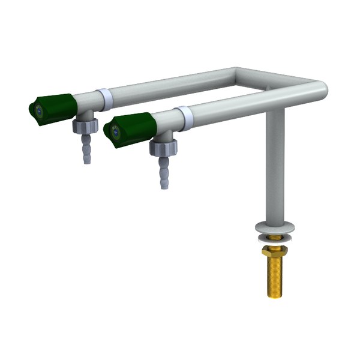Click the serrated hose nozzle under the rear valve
coord(86,151)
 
